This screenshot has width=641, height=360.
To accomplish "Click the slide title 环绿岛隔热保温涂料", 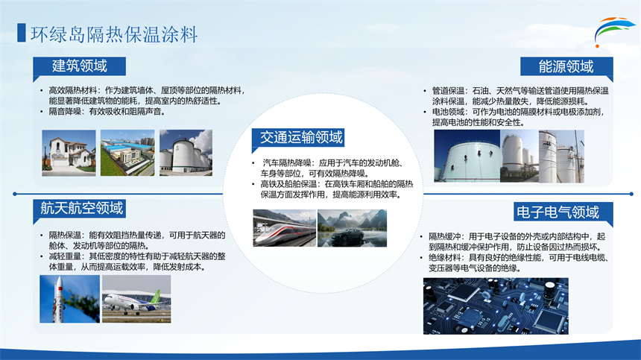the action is point(114,34).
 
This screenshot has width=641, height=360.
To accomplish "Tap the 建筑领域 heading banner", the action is point(79,66).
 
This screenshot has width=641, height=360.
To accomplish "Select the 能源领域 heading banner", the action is point(566,66).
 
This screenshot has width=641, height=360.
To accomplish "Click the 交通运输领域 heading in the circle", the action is point(301,137).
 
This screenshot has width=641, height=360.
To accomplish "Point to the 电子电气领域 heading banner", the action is point(563,212).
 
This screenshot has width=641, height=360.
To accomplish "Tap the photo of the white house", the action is point(69,153).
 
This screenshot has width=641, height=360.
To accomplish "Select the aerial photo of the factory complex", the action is point(127,153).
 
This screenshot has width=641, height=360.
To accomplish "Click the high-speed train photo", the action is point(285,228).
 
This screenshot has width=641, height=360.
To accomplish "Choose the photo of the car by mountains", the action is point(352,228).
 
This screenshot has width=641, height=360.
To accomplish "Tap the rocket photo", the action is point(69,299).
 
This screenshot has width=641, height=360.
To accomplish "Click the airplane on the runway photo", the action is point(136,299).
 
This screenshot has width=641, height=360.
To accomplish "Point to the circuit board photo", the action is point(496,306).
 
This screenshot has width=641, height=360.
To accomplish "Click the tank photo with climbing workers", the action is point(467,156).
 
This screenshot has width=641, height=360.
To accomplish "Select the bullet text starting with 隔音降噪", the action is point(107,112).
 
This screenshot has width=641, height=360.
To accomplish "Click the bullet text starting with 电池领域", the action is point(518,117).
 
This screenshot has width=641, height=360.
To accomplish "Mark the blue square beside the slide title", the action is point(22,33).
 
